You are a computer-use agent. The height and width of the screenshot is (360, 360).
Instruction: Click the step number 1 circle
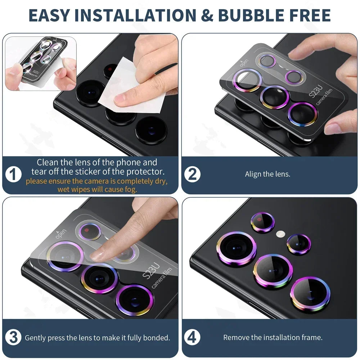(13, 175)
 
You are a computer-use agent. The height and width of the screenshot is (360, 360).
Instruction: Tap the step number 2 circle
(193, 175)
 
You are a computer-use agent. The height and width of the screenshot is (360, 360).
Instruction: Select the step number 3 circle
(13, 338)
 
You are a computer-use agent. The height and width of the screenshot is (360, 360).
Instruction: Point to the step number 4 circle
(192, 338)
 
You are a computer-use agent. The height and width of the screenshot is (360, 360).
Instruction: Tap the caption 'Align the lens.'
(267, 174)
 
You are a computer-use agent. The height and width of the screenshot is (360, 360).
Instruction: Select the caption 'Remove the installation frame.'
(273, 338)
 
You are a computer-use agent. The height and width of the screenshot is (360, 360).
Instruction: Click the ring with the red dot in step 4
(263, 222)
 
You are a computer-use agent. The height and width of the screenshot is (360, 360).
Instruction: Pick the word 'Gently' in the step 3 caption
(35, 338)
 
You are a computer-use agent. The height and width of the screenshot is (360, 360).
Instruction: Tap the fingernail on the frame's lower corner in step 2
(333, 129)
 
